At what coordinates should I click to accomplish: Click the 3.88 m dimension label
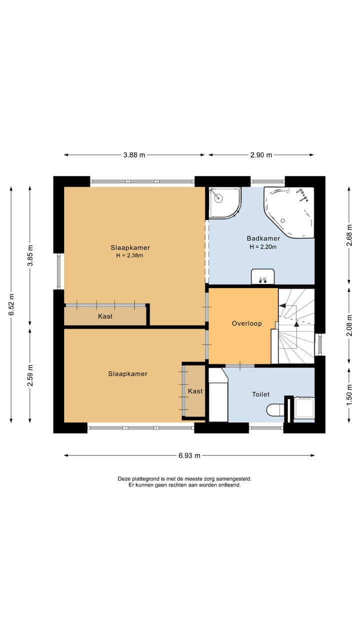[x=134, y=155]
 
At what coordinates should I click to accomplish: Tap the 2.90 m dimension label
[x=261, y=155]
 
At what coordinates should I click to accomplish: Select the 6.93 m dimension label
[x=189, y=455]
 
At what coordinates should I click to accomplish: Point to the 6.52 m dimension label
[x=11, y=304]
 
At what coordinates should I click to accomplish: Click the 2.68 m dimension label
[x=349, y=235]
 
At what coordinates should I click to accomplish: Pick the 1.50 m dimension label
[x=349, y=394]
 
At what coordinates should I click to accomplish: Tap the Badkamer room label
[x=263, y=238]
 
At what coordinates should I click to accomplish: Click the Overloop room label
[x=247, y=323]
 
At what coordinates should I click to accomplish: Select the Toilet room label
[x=261, y=394]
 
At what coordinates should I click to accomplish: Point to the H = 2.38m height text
[x=129, y=255]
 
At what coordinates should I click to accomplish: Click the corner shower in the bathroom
[x=225, y=203]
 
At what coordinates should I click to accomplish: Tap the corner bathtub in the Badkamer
[x=289, y=212]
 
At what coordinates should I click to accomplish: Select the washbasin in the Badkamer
[x=263, y=276]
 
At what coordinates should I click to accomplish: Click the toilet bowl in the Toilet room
[x=275, y=410]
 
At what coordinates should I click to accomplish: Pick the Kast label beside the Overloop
[x=195, y=391]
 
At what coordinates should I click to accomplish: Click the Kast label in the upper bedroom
[x=105, y=316]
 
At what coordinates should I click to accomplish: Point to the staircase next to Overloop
[x=296, y=326]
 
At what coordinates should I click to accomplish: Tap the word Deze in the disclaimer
[x=124, y=478]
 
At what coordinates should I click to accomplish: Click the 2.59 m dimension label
[x=30, y=375]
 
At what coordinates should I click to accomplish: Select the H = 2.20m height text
[x=263, y=247]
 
